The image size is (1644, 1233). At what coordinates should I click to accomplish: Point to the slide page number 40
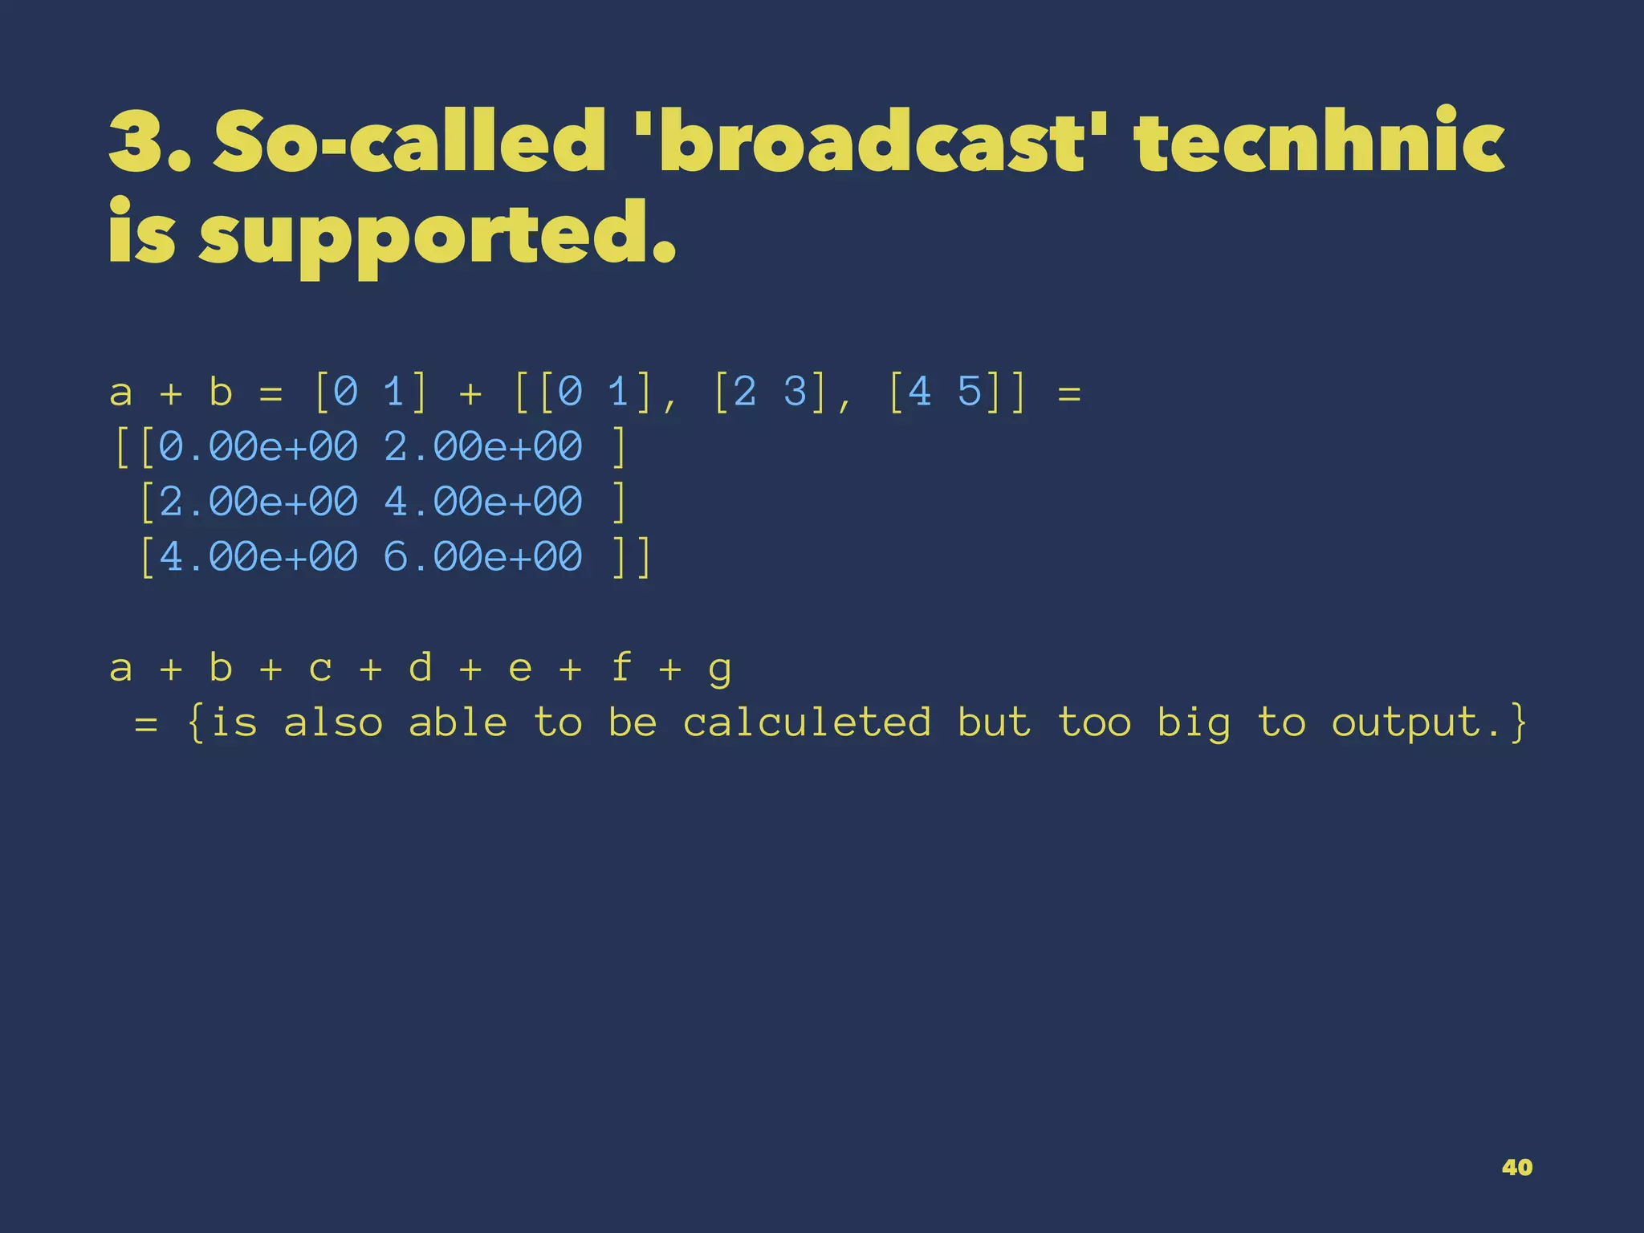(1516, 1167)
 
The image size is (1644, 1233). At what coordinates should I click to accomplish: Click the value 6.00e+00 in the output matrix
(483, 556)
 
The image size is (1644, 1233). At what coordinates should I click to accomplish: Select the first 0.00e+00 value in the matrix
(258, 446)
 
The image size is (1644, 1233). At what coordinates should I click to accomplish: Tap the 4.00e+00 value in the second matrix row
(483, 502)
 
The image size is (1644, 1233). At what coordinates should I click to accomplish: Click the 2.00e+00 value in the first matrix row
(483, 446)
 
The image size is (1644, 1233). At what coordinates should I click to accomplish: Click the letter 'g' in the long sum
(720, 669)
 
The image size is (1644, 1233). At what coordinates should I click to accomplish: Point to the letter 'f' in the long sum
(621, 667)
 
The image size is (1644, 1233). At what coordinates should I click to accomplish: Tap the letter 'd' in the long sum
(420, 667)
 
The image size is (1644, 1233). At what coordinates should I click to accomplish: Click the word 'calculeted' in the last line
(807, 722)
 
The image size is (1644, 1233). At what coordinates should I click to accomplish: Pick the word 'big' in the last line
(1194, 723)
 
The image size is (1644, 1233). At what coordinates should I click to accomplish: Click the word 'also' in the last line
(333, 722)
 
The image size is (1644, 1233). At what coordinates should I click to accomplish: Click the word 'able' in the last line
(458, 722)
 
